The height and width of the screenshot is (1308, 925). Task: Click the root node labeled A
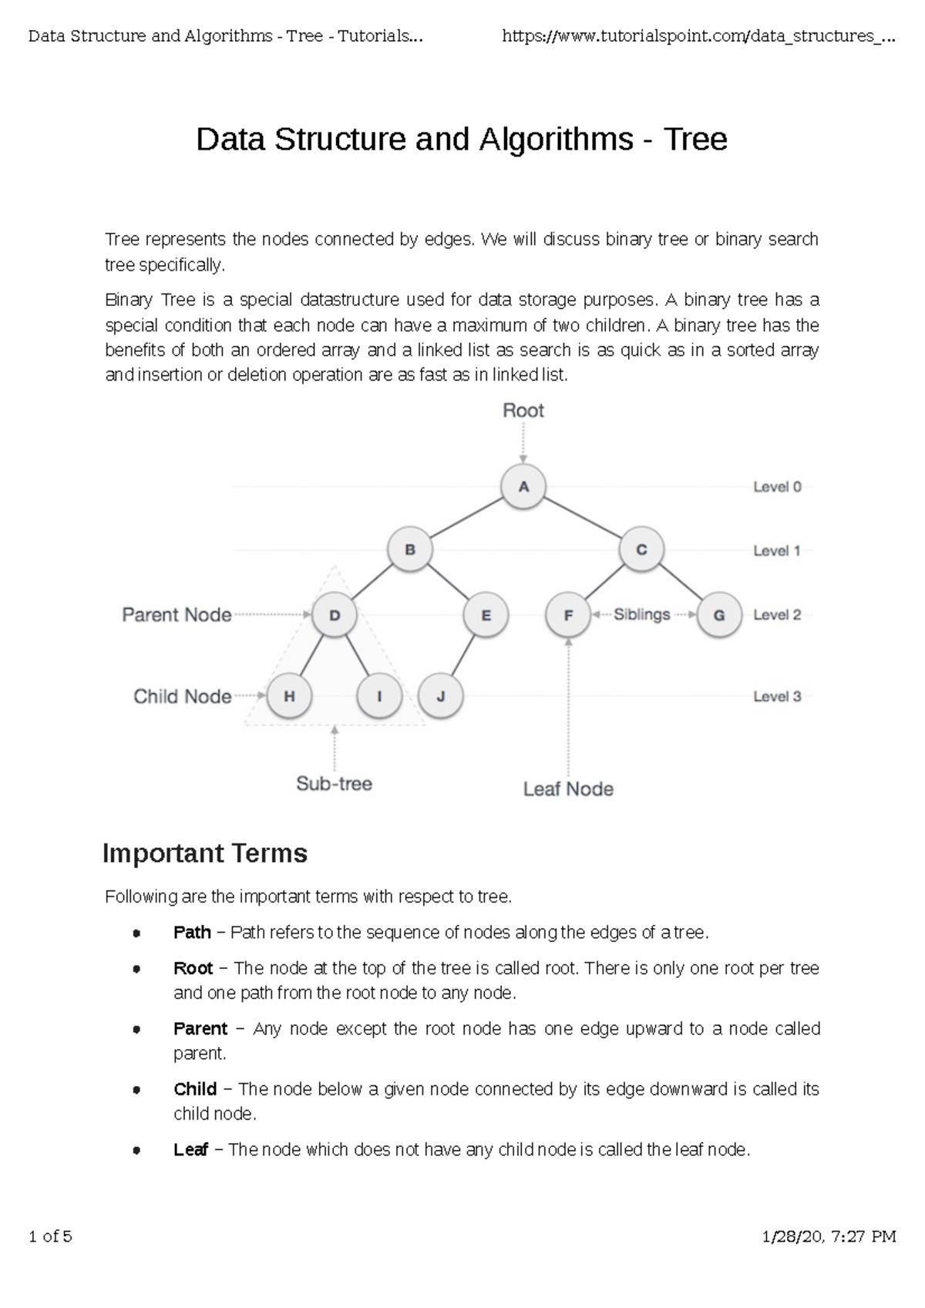tap(523, 486)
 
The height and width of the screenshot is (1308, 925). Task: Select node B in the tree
tap(410, 550)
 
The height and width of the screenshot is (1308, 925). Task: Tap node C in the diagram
tap(641, 550)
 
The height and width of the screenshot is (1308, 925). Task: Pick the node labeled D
tap(335, 615)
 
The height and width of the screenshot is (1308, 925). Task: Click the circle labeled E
tap(486, 615)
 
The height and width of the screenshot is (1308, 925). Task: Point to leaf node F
tap(568, 615)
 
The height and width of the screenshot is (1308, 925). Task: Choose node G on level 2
tap(719, 615)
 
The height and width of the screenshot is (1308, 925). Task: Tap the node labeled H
tap(289, 696)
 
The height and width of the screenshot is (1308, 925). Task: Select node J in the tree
tap(441, 696)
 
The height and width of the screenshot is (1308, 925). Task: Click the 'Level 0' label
tap(777, 487)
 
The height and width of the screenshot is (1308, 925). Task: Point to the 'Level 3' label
tap(777, 697)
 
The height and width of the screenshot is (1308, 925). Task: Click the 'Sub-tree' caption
tap(334, 784)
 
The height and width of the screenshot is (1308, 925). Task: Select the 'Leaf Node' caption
tap(568, 789)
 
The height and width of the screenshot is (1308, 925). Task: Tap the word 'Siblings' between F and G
tap(642, 614)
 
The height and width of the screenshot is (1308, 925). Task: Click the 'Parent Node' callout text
tap(177, 615)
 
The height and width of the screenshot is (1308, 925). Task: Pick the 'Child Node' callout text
tap(182, 697)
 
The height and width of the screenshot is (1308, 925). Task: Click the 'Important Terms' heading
tap(205, 853)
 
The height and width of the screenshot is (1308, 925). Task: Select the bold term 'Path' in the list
tap(192, 933)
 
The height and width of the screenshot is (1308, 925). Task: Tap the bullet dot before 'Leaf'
tap(136, 1151)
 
